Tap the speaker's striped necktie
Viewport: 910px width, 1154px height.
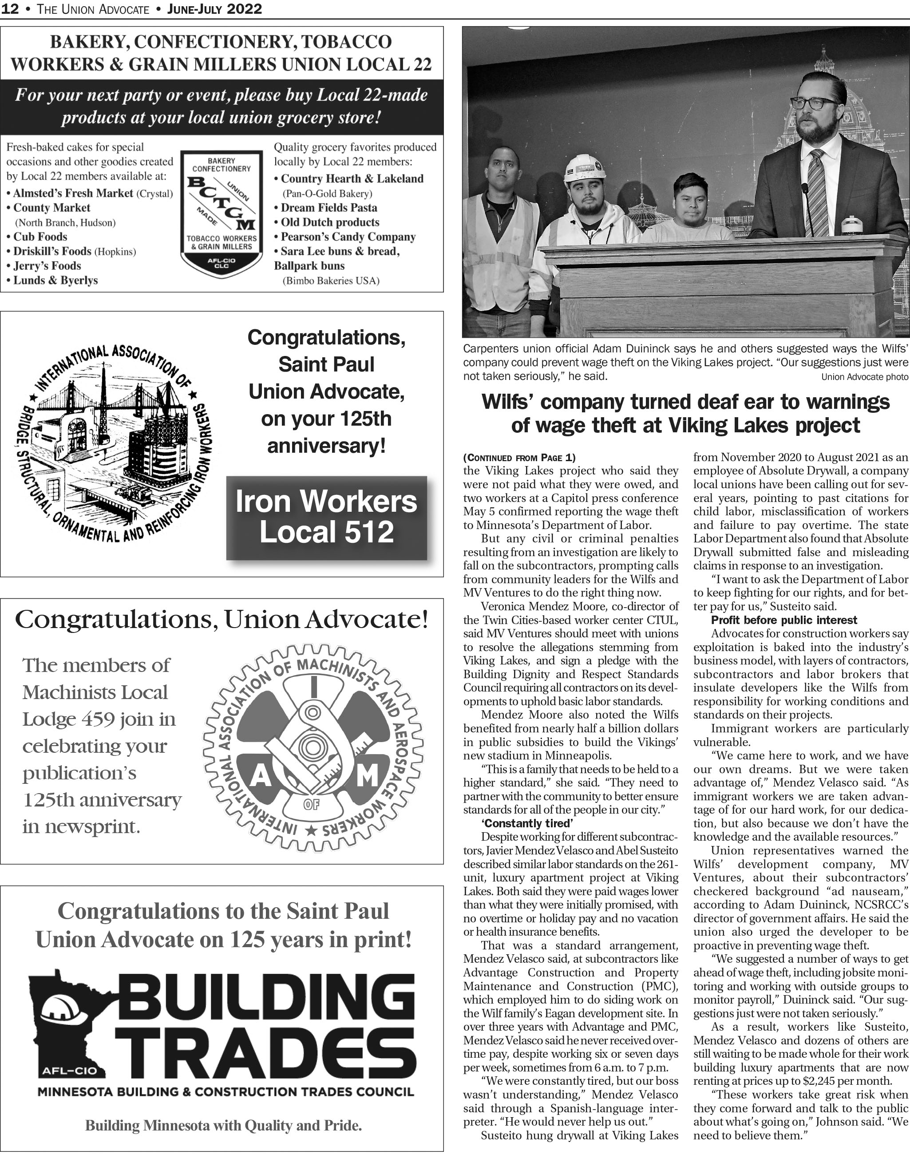(x=816, y=192)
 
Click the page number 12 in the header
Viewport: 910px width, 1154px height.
(x=10, y=9)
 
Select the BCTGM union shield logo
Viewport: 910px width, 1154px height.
(x=221, y=213)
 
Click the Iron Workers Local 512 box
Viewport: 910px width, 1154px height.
(x=327, y=518)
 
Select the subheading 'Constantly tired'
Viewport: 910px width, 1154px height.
(x=526, y=823)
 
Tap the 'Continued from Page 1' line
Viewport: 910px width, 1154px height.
(x=519, y=457)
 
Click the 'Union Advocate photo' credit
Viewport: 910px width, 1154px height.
(x=864, y=377)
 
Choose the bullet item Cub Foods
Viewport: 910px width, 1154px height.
(x=40, y=237)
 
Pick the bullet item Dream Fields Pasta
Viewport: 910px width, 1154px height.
(x=329, y=208)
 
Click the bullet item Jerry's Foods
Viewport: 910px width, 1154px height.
(x=47, y=265)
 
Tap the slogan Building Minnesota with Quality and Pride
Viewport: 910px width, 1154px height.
(x=223, y=1126)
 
